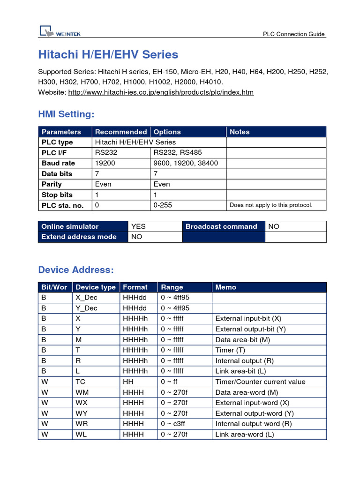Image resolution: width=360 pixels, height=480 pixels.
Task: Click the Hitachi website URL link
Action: pos(161,92)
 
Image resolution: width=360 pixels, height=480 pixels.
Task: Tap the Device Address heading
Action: pos(76,270)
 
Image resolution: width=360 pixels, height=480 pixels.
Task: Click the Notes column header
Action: pos(240,132)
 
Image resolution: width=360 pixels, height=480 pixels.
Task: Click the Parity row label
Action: pos(52,184)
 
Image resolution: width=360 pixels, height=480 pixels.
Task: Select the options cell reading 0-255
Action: pos(163,205)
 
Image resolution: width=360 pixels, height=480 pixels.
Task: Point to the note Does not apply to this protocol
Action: pos(270,205)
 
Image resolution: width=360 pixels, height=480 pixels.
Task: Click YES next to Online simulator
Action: pos(139,226)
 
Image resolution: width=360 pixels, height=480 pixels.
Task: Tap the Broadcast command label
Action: pos(221,226)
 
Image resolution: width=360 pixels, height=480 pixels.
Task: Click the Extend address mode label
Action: pos(79,237)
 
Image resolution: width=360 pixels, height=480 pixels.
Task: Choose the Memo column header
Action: pos(226,287)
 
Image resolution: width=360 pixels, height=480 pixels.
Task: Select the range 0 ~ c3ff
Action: pos(173,424)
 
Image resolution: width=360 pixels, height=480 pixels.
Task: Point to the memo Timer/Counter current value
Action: pos(260,382)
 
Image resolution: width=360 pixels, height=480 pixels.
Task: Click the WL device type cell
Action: pos(82,434)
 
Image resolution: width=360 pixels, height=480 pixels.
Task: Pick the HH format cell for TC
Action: pos(128,382)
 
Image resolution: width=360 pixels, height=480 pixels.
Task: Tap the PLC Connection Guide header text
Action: pos(293,34)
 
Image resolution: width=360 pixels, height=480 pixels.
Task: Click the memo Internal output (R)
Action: pos(244,360)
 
